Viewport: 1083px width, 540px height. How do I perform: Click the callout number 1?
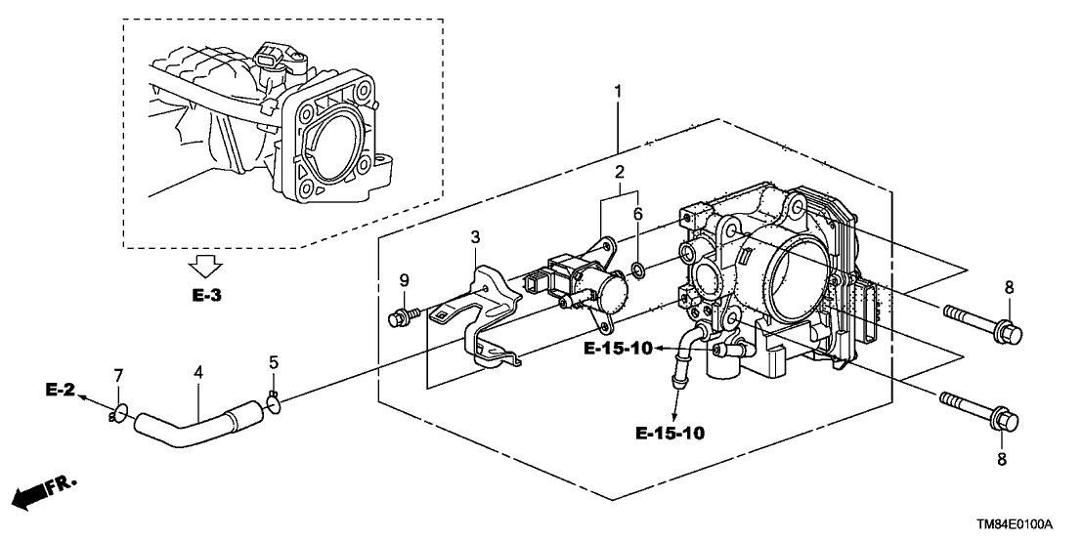click(618, 92)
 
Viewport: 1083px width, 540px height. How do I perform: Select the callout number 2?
click(618, 172)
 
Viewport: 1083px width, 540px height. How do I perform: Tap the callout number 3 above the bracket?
click(474, 237)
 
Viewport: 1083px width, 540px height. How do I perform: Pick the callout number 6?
click(636, 214)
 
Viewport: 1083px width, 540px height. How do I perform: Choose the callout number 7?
click(119, 375)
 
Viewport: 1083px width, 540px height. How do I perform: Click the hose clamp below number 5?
click(275, 399)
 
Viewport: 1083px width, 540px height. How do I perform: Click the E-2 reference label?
click(60, 390)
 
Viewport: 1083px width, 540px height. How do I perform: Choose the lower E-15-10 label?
click(670, 432)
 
